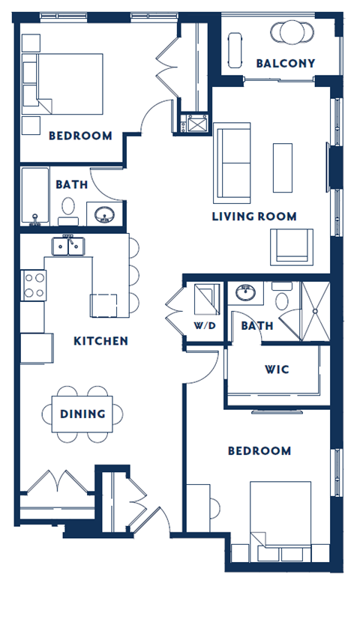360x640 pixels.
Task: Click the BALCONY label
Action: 285,63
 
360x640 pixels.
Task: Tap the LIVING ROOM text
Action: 253,217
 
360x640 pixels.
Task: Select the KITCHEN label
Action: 100,341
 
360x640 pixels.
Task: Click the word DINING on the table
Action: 82,413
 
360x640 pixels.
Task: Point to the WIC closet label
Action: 277,370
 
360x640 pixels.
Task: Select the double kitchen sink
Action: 68,246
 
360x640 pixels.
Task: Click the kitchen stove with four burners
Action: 34,284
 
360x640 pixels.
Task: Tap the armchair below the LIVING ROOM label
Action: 292,246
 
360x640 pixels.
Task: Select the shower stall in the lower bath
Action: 315,310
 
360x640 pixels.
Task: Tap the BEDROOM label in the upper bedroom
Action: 80,136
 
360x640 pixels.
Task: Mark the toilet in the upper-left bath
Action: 69,210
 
